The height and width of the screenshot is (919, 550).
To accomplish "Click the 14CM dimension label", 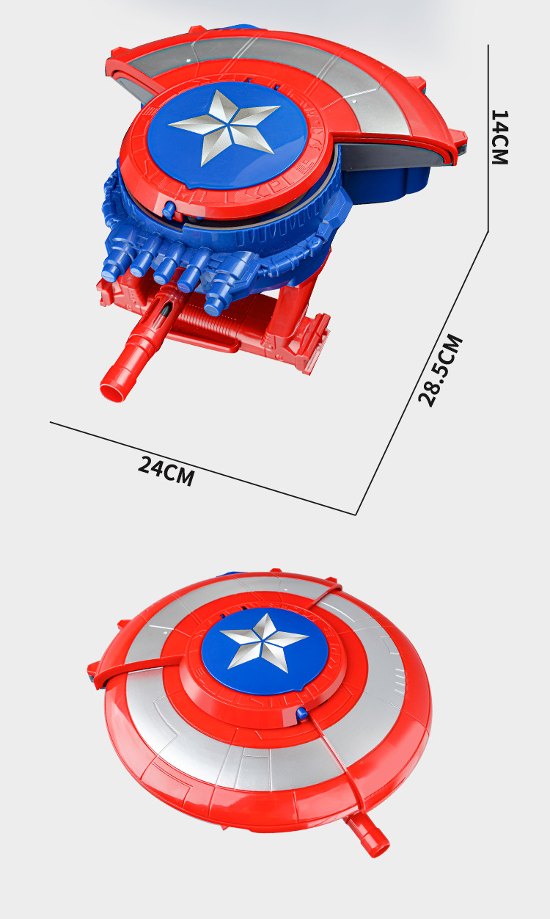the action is click(x=499, y=137).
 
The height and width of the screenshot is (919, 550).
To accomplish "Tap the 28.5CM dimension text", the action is click(x=441, y=371).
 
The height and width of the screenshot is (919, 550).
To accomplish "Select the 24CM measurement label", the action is click(x=166, y=471).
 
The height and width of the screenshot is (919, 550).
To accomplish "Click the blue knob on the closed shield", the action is click(x=301, y=713).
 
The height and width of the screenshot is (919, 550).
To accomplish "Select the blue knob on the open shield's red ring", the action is click(x=169, y=210).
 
